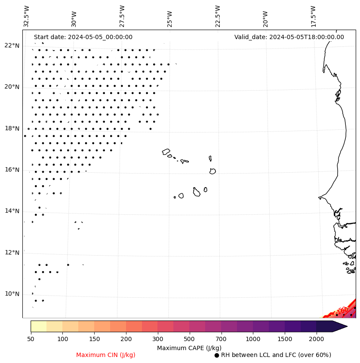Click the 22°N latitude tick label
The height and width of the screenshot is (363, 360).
pyautogui.click(x=12, y=46)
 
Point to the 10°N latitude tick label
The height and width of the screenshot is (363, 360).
pyautogui.click(x=12, y=294)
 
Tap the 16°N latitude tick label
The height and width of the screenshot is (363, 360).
pyautogui.click(x=12, y=170)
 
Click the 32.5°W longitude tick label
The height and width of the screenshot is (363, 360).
pyautogui.click(x=27, y=16)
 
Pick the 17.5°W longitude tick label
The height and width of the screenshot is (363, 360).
pyautogui.click(x=313, y=16)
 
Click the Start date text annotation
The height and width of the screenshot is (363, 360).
pyautogui.click(x=83, y=37)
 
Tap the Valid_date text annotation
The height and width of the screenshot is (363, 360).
pyautogui.click(x=289, y=37)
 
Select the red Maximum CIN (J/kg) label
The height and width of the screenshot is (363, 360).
pyautogui.click(x=106, y=355)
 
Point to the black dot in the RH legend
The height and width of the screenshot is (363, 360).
pyautogui.click(x=217, y=355)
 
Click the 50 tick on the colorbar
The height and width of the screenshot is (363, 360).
pyautogui.click(x=31, y=339)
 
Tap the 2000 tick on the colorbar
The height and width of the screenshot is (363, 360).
pyautogui.click(x=316, y=339)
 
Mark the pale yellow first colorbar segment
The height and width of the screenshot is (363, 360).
pyautogui.click(x=38, y=326)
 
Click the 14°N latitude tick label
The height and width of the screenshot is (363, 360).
pyautogui.click(x=12, y=211)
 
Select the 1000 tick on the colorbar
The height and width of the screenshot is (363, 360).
pyautogui.click(x=253, y=339)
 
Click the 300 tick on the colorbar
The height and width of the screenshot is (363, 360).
pyautogui.click(x=158, y=339)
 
